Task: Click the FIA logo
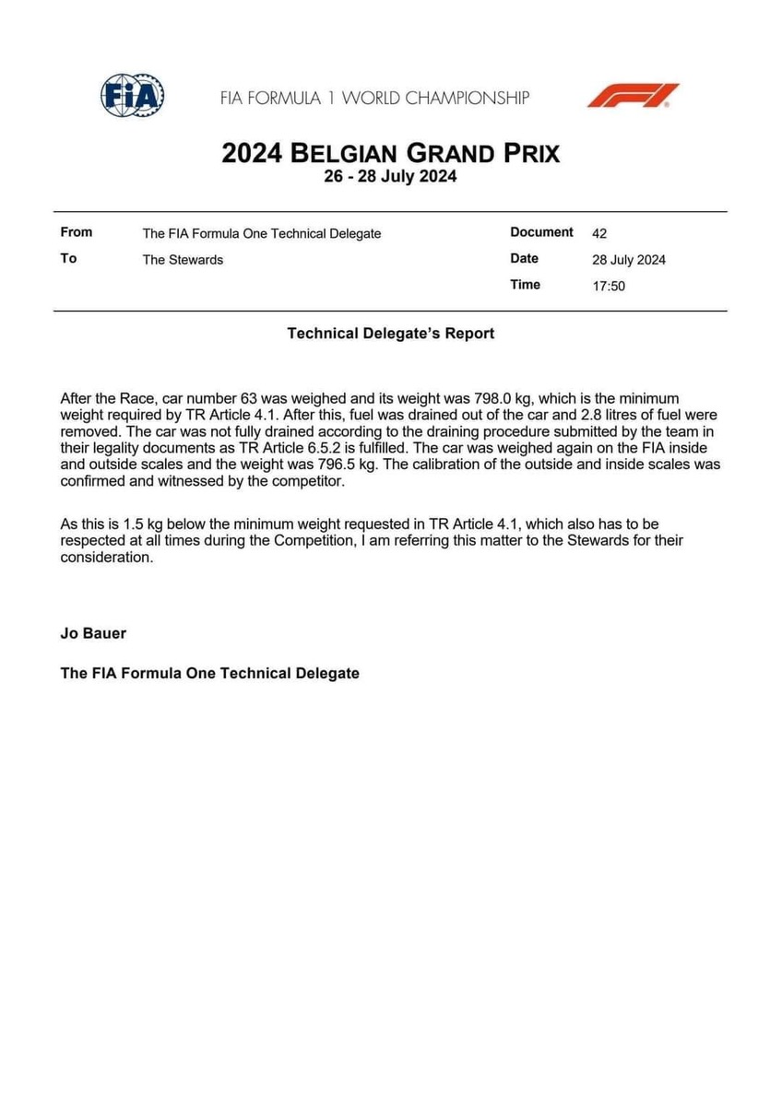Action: [x=133, y=95]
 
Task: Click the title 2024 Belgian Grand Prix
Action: [x=390, y=152]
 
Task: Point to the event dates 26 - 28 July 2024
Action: [x=390, y=176]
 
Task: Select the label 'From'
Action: [x=76, y=232]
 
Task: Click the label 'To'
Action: [x=68, y=258]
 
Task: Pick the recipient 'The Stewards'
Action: [x=183, y=259]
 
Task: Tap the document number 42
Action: [x=599, y=233]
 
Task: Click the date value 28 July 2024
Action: [x=629, y=259]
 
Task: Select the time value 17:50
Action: [x=609, y=286]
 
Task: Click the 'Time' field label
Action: [x=525, y=285]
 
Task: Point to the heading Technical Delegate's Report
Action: [x=390, y=334]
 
